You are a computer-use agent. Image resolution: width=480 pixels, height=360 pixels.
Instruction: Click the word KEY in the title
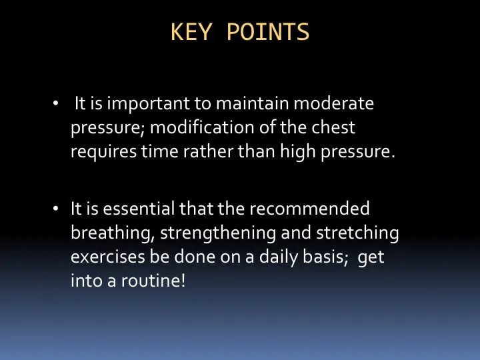pos(191,32)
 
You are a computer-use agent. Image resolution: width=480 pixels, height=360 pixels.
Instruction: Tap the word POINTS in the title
pos(268,32)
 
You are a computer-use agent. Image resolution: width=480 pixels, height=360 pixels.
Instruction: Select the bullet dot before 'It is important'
pos(55,103)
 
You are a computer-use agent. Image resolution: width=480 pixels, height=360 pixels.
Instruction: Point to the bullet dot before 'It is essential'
pos(55,209)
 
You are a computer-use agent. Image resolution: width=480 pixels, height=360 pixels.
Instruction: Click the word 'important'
pos(148,104)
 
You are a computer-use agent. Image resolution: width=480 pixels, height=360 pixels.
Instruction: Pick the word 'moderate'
pos(334,103)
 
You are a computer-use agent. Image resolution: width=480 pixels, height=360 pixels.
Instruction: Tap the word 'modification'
pos(203,127)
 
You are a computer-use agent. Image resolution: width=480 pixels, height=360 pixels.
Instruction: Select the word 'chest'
pos(333,127)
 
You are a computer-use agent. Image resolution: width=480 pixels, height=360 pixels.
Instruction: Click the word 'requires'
pos(104,152)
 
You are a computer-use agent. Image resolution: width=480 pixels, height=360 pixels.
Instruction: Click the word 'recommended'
pos(309,209)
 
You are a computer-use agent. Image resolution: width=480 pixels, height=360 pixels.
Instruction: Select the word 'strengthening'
pos(218,233)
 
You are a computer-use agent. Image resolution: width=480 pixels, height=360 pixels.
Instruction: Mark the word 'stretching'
pos(357,233)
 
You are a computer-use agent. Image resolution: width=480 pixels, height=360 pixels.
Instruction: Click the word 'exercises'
pos(108,257)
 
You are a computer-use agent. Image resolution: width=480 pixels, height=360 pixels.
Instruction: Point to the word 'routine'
pos(151,281)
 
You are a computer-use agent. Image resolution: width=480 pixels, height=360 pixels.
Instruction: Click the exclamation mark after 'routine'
pos(183,281)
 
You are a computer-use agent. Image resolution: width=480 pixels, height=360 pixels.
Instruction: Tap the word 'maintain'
pos(253,103)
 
